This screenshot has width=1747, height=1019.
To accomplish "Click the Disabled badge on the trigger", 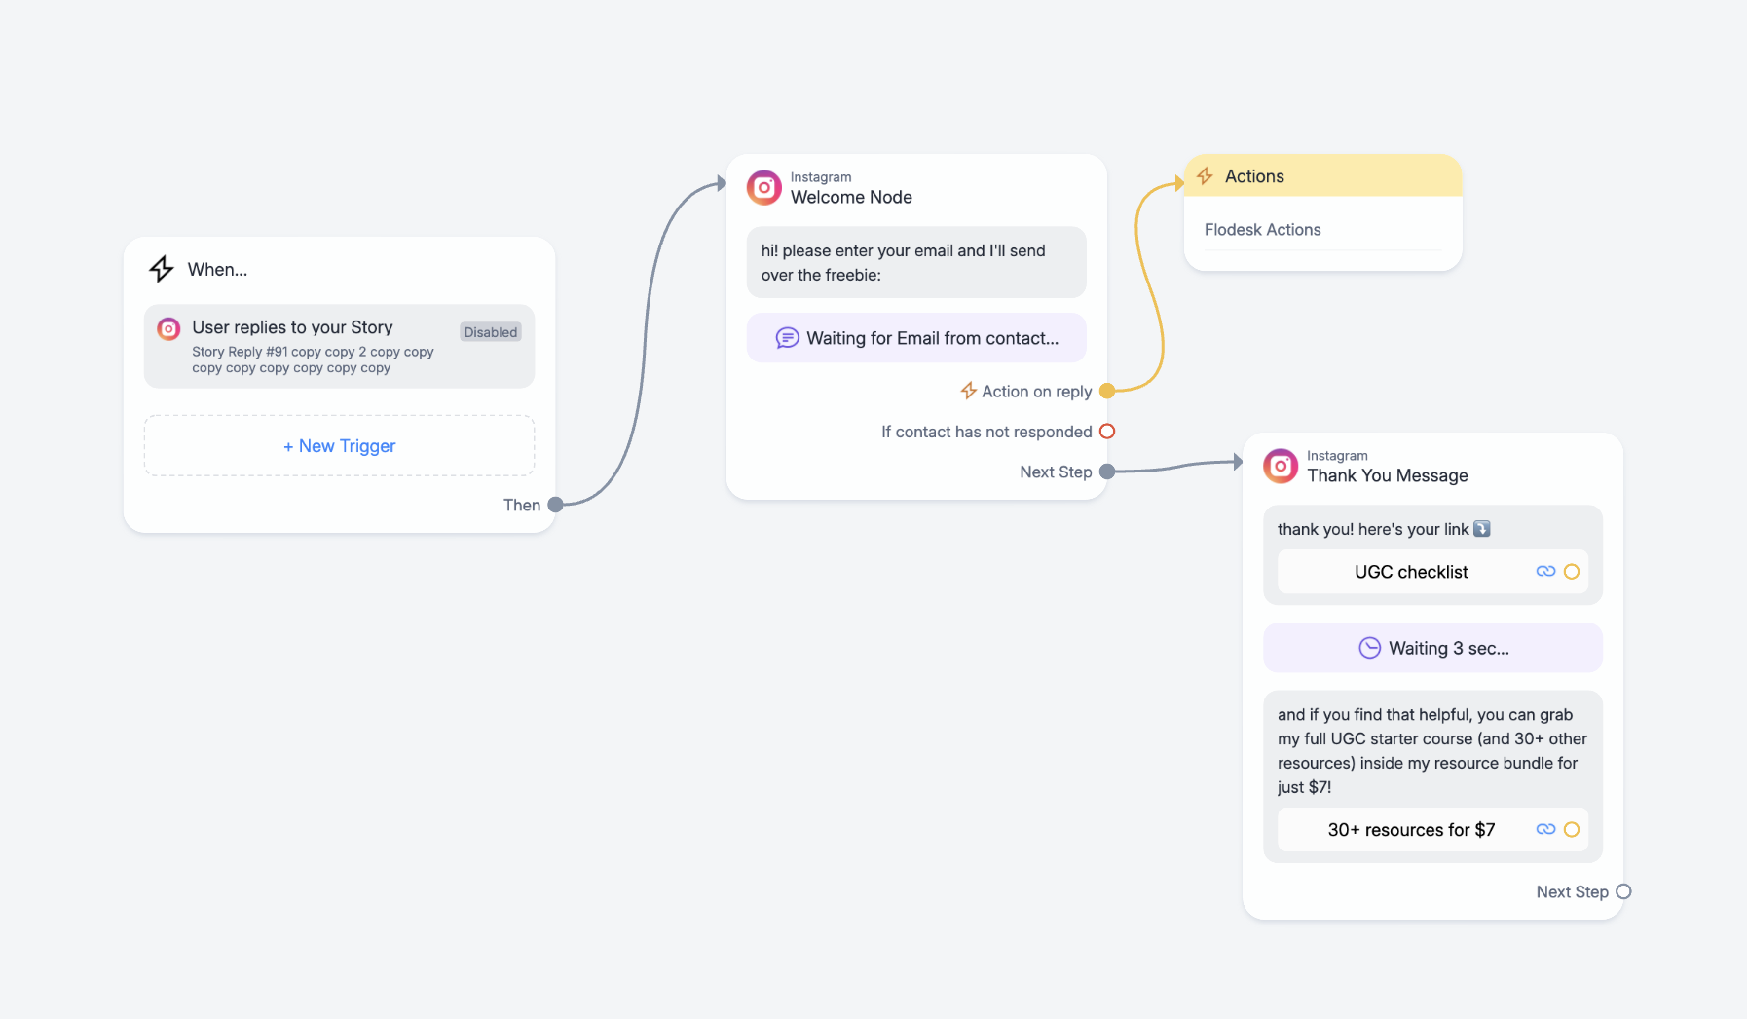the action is pos(491,332).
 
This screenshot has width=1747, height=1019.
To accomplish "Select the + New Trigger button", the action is pos(339,446).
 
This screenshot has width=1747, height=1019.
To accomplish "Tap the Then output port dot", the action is pos(555,505).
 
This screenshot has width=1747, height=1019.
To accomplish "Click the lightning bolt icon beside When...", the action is pos(162,269).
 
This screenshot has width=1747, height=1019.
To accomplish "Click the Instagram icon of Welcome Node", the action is pos(764,187).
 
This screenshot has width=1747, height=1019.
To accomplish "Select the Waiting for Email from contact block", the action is pos(916,338).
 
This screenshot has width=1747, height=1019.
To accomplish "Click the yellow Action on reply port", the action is pos(1107,391).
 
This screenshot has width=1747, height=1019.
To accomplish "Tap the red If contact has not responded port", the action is pos(1107,432).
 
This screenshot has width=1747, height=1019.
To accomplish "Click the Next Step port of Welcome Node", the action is pos(1107,472).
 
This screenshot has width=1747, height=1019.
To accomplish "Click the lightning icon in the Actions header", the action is pos(1205,176).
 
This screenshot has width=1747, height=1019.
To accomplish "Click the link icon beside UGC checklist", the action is pos(1545,572).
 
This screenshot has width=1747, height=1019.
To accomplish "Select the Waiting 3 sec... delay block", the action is pos(1432,648).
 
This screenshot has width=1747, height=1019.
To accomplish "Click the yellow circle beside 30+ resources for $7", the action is pos(1572,830).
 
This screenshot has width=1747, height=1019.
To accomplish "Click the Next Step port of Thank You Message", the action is pos(1623,891).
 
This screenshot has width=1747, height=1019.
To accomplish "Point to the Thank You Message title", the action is pos(1388,475).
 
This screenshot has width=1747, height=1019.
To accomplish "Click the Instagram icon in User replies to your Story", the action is pos(168,329).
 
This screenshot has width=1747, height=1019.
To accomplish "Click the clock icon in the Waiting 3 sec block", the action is pos(1369,648).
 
